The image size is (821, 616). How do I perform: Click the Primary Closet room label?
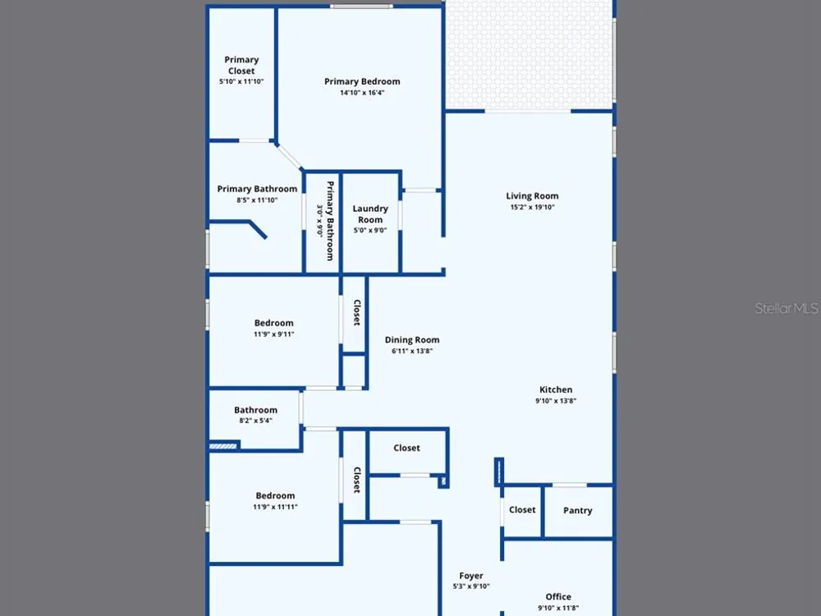pos(241,65)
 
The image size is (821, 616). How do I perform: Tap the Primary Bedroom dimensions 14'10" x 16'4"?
pos(362,93)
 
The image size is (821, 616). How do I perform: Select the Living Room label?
pos(532,196)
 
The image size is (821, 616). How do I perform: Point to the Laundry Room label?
pos(370,214)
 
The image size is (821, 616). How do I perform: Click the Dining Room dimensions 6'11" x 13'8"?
pos(412,351)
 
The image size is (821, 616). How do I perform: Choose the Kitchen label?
pos(556,389)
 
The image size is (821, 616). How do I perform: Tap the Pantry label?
pos(577,510)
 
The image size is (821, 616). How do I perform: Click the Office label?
pos(558,596)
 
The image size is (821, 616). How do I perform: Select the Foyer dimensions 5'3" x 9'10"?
pos(471,586)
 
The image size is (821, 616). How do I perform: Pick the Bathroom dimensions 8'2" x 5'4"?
pos(255,421)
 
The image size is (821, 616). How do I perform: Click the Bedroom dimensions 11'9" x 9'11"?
pos(274,334)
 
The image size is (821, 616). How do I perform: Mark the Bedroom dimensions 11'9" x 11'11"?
pos(275,507)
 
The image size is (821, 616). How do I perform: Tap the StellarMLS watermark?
pos(787,308)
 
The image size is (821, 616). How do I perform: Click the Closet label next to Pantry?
pos(522,510)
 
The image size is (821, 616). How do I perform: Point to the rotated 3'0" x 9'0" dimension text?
pos(319,220)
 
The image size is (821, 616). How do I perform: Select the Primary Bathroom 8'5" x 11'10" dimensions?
pos(257,200)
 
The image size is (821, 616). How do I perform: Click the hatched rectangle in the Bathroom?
pos(223,446)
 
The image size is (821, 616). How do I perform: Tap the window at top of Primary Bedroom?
pos(361,7)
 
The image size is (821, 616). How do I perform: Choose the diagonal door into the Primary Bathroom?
pos(288,156)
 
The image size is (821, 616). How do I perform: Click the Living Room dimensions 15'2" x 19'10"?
pos(533,208)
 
